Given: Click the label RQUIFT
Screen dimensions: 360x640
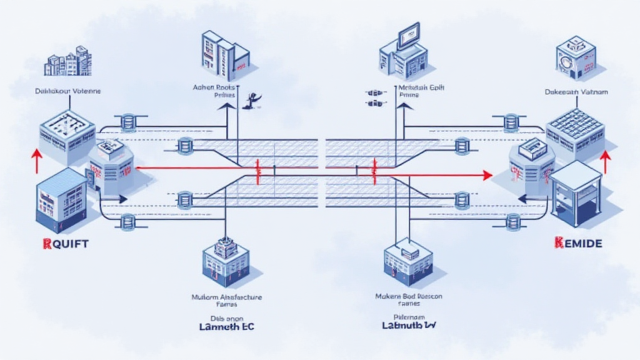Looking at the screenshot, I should click(x=66, y=244).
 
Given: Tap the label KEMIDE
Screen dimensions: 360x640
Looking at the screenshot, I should click(x=577, y=244).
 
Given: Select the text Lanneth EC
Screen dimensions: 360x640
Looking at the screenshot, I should click(x=226, y=326).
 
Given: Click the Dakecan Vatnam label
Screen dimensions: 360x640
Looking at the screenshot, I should click(x=573, y=92).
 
